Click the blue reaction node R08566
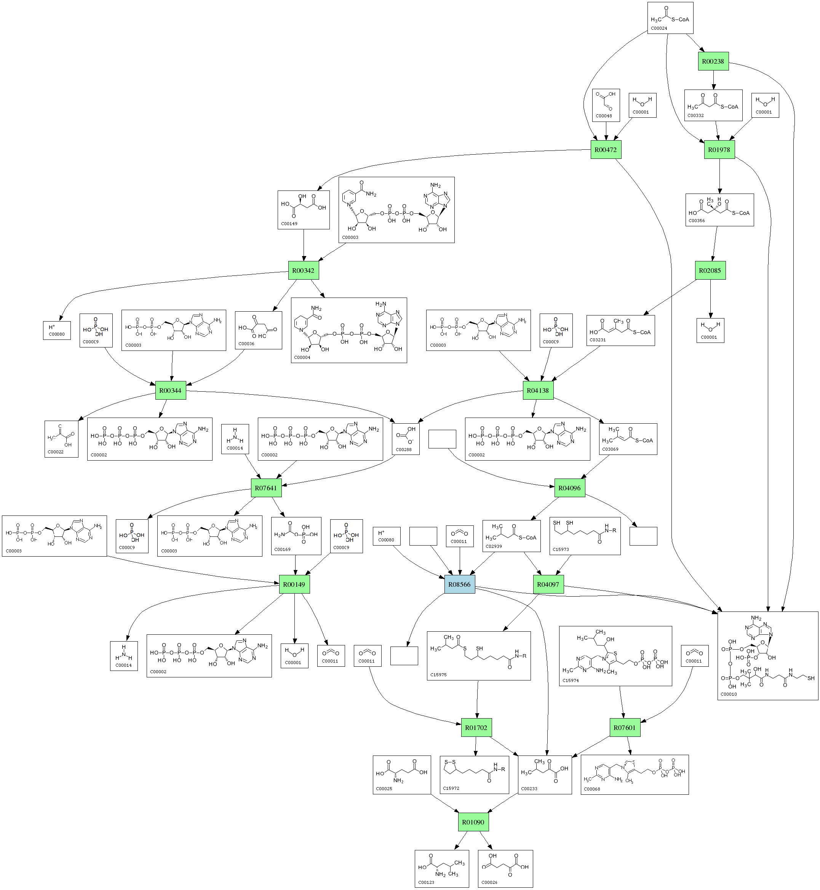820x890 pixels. point(459,584)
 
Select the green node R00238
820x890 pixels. point(713,61)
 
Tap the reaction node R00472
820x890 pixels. point(605,150)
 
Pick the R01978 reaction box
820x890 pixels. point(719,150)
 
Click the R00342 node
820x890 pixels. point(303,271)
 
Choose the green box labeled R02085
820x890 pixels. point(710,271)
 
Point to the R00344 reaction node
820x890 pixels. point(170,391)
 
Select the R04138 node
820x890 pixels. point(538,391)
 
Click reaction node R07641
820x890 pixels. point(266,488)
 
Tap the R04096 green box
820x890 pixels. point(569,488)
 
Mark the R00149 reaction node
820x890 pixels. point(294,584)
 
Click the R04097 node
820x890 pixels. point(548,584)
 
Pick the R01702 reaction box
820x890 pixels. point(476,728)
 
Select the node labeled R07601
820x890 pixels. point(624,728)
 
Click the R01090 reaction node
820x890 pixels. point(473,822)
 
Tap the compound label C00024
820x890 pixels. point(659,29)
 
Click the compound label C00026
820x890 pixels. point(489,882)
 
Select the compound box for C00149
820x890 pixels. point(304,210)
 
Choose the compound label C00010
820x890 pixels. point(729,694)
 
